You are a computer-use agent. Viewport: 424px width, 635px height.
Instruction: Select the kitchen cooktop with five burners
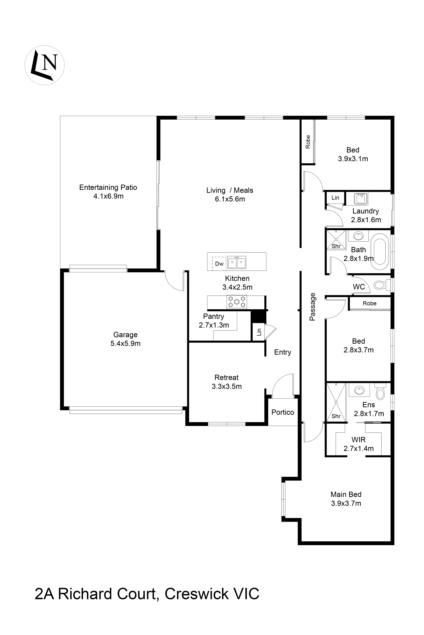point(237,302)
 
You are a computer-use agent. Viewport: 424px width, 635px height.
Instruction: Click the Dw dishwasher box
point(219,263)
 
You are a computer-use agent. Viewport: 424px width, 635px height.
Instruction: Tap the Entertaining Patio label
point(108,187)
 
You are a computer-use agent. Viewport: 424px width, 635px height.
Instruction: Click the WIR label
point(359,440)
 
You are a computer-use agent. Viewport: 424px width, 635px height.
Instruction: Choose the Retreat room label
point(227,377)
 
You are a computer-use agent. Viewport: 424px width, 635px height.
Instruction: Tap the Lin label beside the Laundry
point(335,198)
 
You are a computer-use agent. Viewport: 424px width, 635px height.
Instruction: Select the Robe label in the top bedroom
point(308,142)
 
